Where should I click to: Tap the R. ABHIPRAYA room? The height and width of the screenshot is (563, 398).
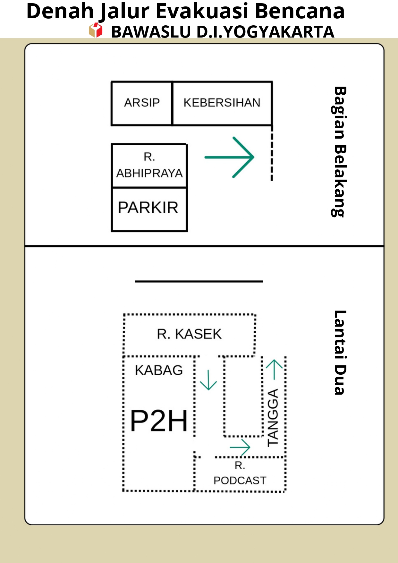149,166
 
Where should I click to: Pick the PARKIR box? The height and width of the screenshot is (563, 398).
149,209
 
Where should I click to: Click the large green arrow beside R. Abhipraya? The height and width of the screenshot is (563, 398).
229,157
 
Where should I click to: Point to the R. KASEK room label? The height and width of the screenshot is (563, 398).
189,334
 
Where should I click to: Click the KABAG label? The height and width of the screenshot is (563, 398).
159,370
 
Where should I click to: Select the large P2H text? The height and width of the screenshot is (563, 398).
159,421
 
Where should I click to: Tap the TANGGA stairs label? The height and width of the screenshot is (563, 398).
273,418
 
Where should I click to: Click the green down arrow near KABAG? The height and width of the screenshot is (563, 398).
208,380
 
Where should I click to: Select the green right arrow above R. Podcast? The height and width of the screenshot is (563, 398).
240,447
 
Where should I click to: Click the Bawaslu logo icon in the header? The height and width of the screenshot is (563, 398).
96,30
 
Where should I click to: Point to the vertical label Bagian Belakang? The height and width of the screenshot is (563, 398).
339,152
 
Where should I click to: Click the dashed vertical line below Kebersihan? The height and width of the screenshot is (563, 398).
272,153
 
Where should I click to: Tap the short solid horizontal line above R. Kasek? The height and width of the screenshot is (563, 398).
199,281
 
